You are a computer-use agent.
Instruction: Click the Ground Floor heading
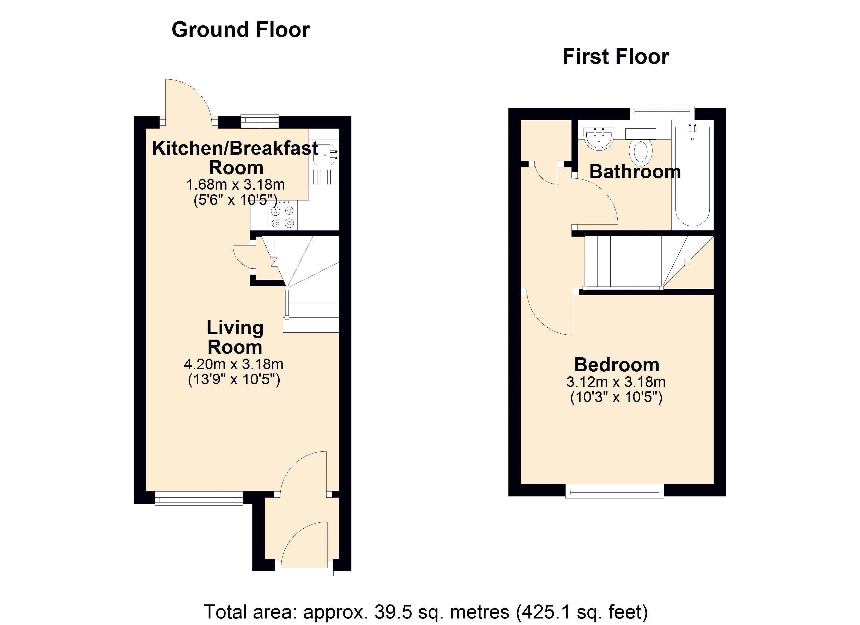click(241, 30)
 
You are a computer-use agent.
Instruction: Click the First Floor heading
click(616, 57)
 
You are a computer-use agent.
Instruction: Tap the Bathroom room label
click(635, 172)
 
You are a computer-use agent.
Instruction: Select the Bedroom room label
click(617, 365)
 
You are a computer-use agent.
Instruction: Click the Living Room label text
click(235, 337)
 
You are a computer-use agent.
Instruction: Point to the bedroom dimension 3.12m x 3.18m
click(616, 382)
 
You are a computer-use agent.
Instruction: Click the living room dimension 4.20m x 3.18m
click(234, 364)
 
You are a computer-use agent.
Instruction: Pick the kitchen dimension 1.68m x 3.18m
click(236, 185)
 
